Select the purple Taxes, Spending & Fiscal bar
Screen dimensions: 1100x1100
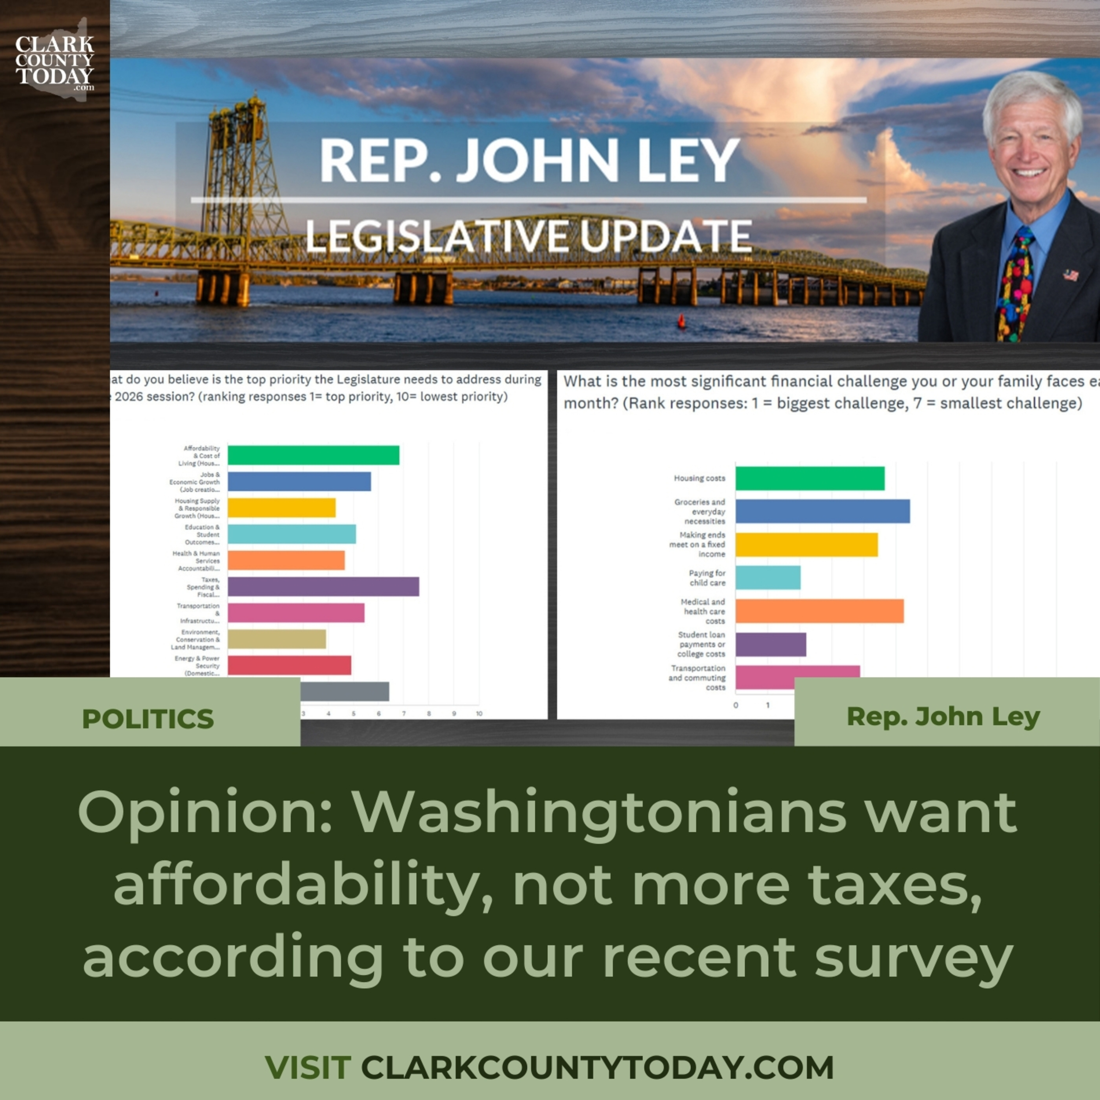323,586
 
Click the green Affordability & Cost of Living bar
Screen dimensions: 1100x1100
313,455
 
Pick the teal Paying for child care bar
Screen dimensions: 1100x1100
767,577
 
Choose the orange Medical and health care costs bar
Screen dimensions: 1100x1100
819,611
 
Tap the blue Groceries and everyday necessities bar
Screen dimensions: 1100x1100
822,511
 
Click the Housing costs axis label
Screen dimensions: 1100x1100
699,478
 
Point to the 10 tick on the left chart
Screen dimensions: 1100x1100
479,714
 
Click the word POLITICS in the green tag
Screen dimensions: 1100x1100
148,719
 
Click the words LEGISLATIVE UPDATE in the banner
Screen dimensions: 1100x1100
528,236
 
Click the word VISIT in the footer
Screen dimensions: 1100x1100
307,1067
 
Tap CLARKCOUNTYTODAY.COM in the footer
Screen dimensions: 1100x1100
597,1067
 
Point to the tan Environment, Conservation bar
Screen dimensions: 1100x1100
277,639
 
